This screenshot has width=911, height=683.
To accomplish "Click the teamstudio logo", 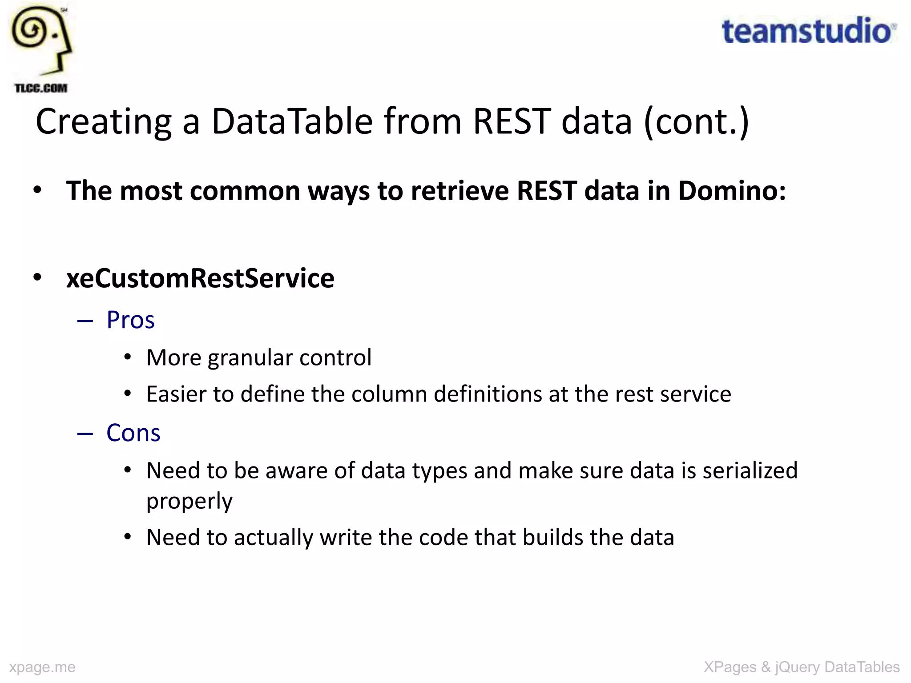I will [808, 31].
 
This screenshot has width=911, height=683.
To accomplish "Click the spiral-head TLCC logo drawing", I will [41, 40].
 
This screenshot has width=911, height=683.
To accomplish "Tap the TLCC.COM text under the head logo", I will [41, 88].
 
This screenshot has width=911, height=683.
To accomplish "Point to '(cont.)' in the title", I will [696, 122].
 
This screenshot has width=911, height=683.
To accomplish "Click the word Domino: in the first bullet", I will [732, 191].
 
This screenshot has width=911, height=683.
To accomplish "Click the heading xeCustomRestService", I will [200, 278].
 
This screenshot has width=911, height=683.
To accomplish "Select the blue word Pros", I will [130, 320].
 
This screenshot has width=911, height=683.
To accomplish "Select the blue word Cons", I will [133, 433].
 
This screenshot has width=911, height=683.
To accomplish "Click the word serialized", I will [750, 470].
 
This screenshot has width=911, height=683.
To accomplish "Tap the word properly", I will [189, 502].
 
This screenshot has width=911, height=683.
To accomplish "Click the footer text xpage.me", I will [42, 667].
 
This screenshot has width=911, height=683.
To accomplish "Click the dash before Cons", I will [85, 433].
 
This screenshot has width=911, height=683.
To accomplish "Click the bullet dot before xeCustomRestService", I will [37, 277].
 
